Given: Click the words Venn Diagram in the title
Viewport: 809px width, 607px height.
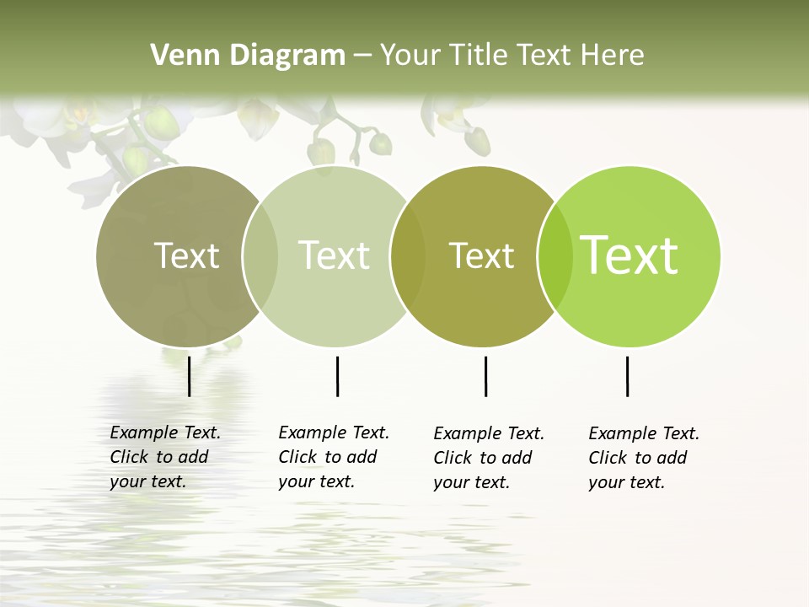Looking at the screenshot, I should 248,56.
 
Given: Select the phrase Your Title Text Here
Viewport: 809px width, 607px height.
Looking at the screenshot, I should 512,56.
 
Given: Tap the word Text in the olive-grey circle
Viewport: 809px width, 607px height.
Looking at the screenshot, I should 186,255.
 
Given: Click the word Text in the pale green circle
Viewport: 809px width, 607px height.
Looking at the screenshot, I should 334,255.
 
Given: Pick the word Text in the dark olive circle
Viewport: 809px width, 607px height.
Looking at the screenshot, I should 481,255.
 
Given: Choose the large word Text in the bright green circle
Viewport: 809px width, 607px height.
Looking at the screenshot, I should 630,255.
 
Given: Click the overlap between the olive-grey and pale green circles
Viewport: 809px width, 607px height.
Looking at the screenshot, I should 260,256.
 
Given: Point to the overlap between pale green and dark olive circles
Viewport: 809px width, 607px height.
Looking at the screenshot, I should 408,256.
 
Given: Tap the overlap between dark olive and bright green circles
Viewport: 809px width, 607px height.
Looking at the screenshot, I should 555,256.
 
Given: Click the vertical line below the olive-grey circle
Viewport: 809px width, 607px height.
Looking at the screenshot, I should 189,376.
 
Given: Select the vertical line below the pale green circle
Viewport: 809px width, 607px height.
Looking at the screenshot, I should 337,376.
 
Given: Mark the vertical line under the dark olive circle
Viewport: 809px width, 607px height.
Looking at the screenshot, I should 485,376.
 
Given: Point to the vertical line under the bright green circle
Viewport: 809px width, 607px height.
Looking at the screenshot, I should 627,376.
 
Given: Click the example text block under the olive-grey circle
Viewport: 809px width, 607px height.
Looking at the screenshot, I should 165,457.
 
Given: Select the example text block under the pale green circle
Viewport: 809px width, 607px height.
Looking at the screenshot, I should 334,457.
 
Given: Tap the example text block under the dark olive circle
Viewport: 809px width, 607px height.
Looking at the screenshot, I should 489,458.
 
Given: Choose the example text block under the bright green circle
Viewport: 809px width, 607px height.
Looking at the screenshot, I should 644,458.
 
